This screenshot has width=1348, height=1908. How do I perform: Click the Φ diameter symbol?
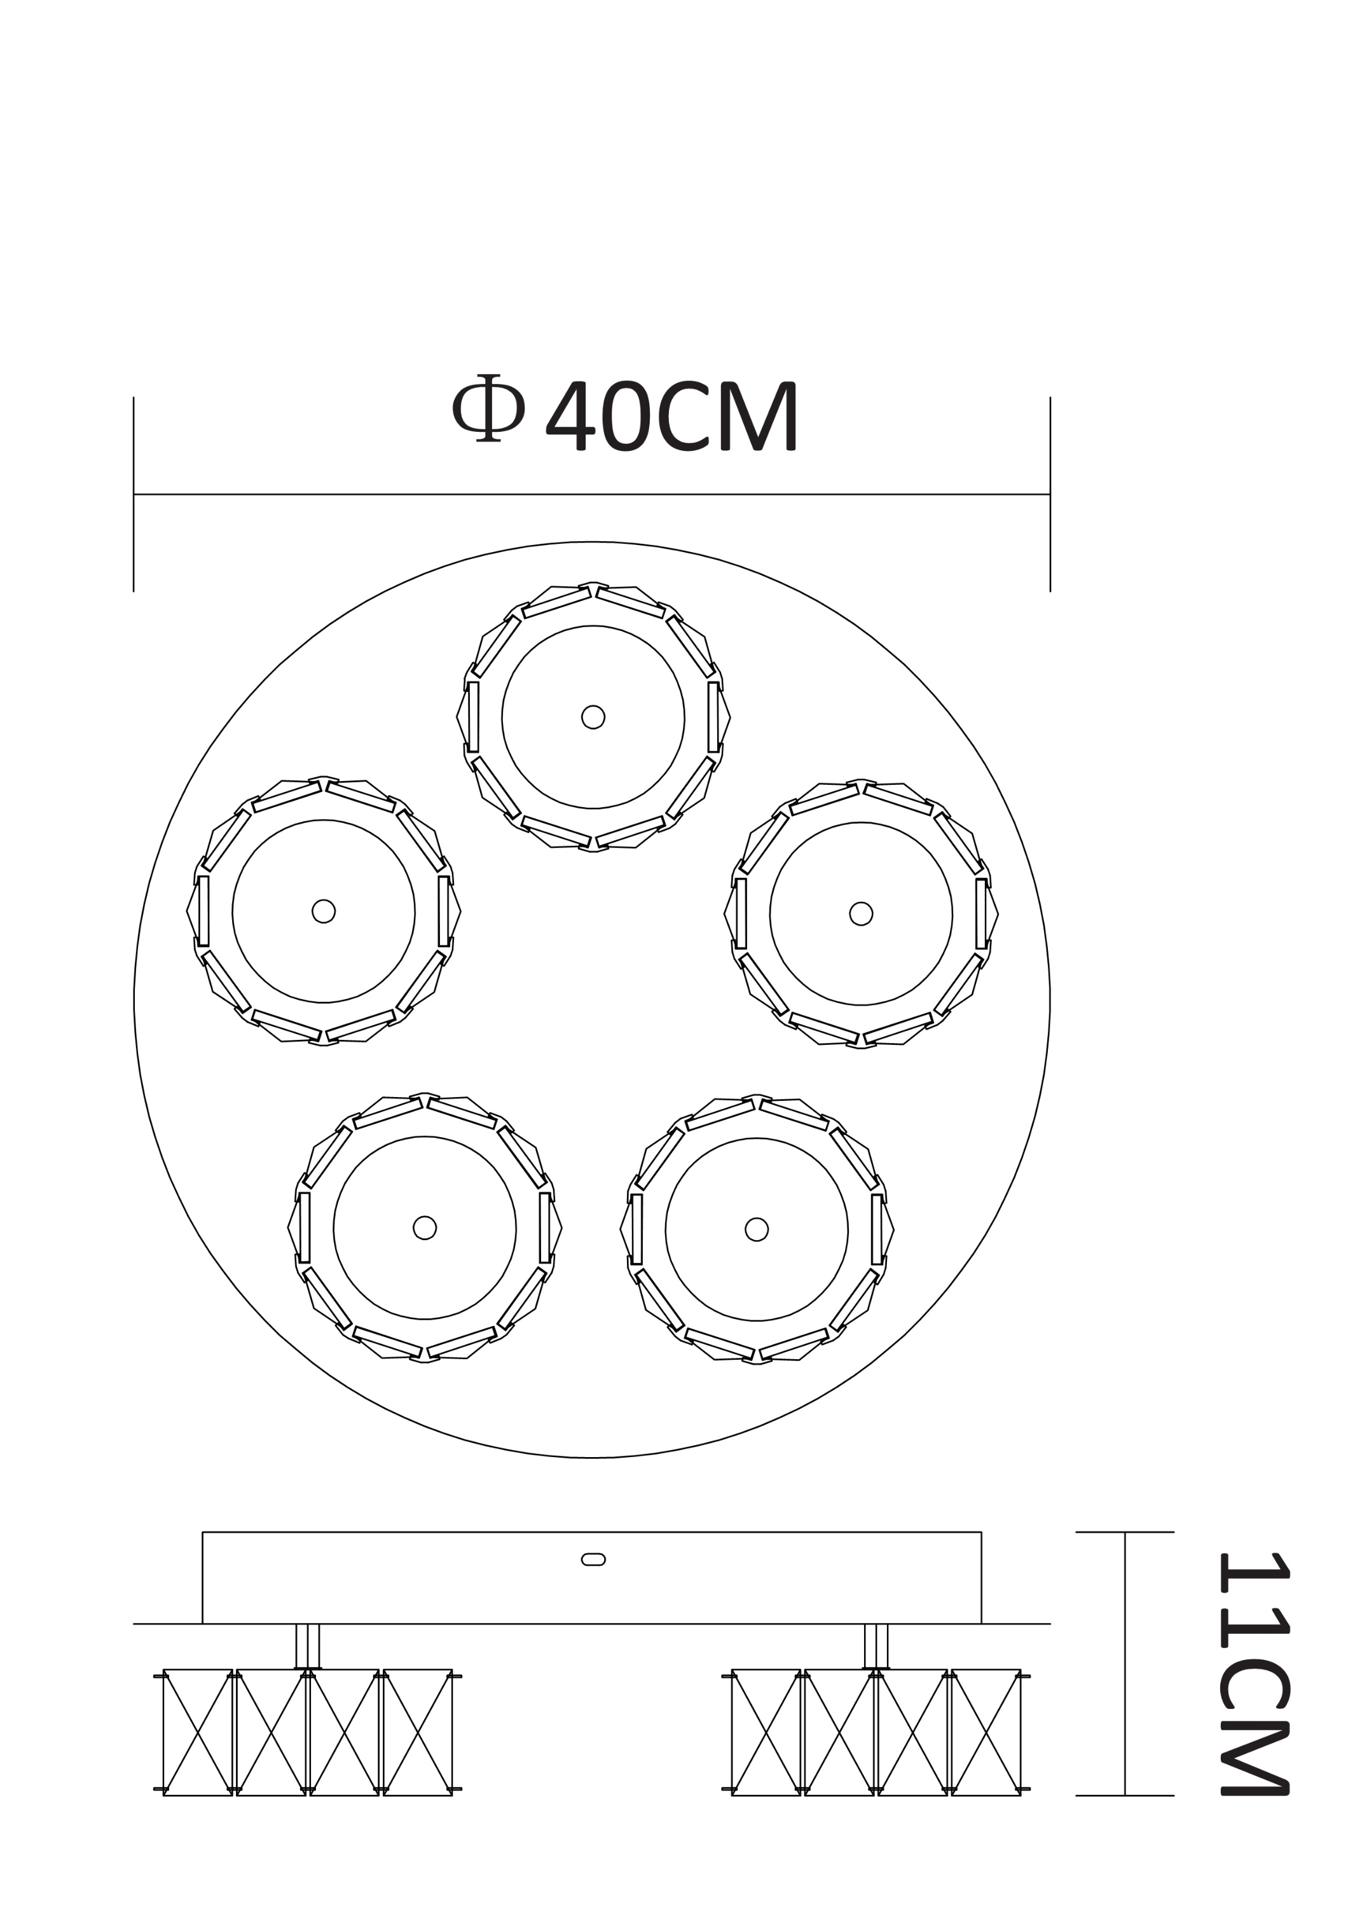[x=488, y=408]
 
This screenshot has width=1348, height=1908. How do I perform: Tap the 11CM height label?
[x=1253, y=1673]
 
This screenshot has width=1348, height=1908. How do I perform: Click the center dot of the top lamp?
[x=593, y=717]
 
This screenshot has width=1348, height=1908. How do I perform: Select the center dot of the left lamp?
[x=324, y=911]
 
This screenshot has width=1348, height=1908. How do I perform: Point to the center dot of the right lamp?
[x=862, y=914]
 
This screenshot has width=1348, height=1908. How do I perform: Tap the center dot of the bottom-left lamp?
[x=424, y=1227]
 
